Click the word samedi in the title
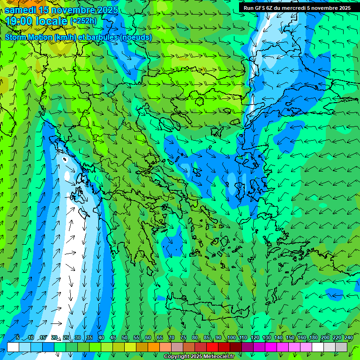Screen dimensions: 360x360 22,10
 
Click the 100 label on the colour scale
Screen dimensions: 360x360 231,338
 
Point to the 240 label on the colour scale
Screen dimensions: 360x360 349,338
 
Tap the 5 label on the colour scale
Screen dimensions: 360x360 18,338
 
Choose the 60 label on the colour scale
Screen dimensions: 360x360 148,338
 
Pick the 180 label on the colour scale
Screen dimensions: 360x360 313,338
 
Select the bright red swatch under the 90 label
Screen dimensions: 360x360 212,347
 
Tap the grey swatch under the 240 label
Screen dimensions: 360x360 341,347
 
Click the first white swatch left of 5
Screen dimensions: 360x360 13,347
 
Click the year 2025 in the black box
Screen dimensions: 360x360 345,8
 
